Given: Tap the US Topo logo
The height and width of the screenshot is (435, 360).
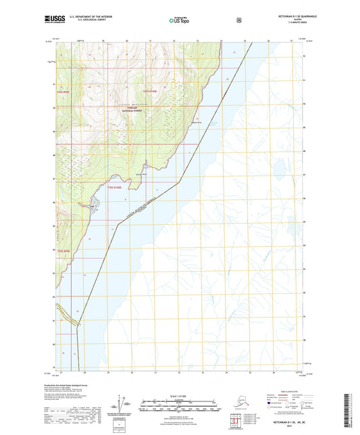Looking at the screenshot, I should (x=178, y=21).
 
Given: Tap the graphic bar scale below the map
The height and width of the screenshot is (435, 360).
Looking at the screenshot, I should (x=178, y=407).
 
